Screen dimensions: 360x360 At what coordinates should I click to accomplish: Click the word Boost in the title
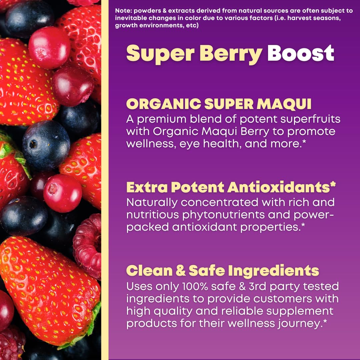click(x=301, y=53)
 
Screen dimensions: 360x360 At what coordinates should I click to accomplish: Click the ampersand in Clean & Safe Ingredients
click(x=180, y=271)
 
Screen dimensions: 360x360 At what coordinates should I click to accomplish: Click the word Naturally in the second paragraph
click(x=152, y=202)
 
